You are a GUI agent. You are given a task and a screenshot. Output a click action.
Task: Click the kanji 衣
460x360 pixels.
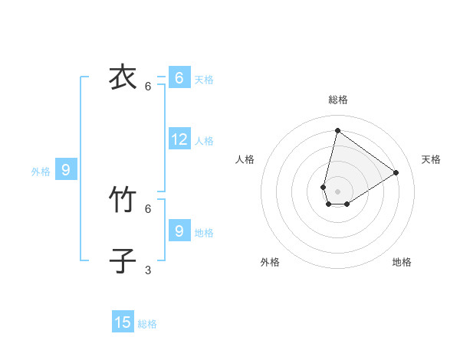(123, 77)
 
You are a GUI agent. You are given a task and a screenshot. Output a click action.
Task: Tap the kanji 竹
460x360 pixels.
(123, 201)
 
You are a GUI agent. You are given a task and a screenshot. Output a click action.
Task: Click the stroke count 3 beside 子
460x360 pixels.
(148, 270)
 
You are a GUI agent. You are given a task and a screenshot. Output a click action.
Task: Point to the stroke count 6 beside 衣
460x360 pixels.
(148, 87)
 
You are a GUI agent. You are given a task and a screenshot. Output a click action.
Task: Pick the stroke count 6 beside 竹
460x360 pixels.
(148, 208)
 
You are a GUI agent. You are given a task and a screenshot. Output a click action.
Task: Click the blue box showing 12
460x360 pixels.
(179, 139)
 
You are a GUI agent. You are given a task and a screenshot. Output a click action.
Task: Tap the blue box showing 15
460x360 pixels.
(123, 322)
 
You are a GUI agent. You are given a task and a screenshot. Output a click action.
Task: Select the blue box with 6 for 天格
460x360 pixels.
(179, 77)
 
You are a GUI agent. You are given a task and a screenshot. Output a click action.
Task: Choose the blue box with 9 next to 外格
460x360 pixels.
(66, 170)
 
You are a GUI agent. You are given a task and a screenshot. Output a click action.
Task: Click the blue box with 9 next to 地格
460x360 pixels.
(179, 230)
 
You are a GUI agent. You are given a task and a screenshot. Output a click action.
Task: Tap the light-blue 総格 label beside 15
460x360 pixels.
(147, 324)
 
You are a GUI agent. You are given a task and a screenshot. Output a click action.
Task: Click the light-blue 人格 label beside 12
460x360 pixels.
(204, 141)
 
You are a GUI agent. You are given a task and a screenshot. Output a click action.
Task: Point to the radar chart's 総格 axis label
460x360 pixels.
(337, 100)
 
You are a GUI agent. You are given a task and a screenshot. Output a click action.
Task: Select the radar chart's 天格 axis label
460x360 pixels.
(431, 159)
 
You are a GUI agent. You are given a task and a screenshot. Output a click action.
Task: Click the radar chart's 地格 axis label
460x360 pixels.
(402, 262)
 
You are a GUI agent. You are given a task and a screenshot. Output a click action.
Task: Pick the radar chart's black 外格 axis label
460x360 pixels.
(270, 262)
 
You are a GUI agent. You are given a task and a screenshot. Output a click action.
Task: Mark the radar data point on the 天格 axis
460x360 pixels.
(396, 172)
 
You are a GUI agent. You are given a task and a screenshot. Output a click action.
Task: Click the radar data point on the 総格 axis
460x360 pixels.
(337, 130)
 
